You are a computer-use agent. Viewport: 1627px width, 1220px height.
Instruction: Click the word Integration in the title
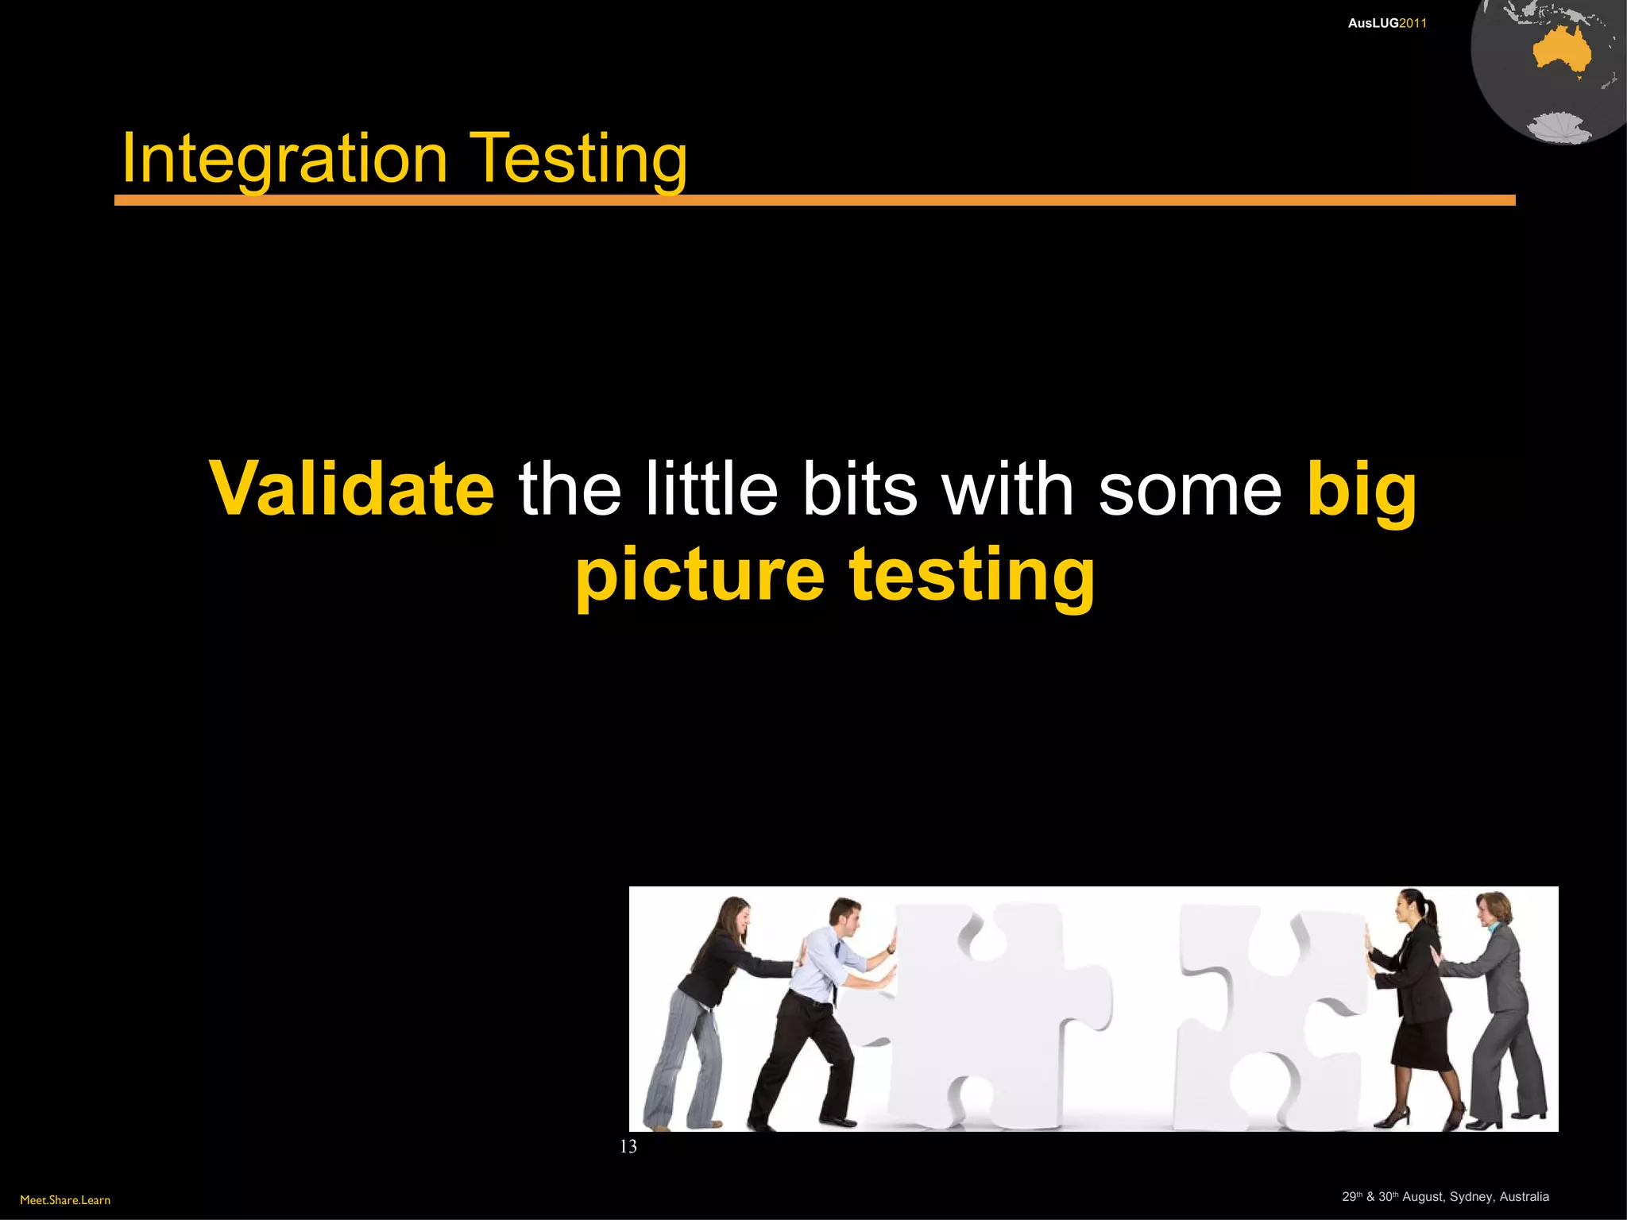coord(284,159)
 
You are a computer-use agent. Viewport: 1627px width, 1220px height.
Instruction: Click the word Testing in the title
coord(579,159)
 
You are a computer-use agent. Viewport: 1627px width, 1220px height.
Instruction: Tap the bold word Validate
coord(352,488)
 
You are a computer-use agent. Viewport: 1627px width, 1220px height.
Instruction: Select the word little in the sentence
coord(711,488)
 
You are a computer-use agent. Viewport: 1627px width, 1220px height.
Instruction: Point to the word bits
coord(860,488)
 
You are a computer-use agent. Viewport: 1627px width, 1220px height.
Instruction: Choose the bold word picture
coord(701,575)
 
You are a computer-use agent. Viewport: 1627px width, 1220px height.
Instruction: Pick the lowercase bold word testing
coord(972,575)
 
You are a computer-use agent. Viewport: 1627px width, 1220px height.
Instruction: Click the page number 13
coord(628,1146)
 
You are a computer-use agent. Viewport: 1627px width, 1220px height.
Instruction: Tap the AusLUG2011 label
coord(1387,23)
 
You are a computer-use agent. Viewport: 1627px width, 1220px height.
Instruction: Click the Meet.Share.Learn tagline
coord(65,1200)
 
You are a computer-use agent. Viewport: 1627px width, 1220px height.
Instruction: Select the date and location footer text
coord(1445,1197)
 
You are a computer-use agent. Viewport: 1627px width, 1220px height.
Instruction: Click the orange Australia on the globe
coord(1562,52)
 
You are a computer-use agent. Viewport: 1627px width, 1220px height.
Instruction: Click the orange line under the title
coord(814,200)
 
